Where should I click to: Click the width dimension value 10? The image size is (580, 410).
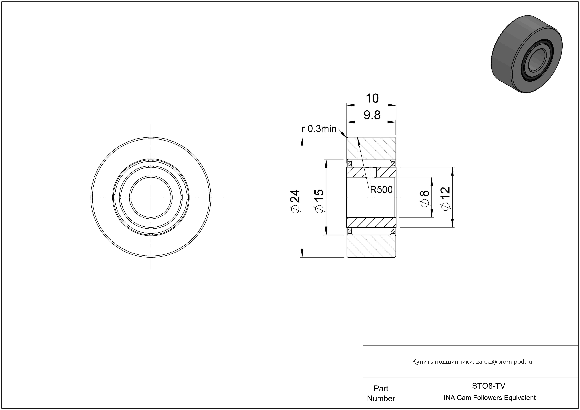pyautogui.click(x=372, y=98)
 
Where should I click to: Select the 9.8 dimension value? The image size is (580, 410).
pyautogui.click(x=372, y=115)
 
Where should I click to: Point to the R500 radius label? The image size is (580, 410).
pyautogui.click(x=381, y=189)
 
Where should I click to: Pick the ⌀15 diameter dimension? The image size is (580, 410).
pyautogui.click(x=319, y=201)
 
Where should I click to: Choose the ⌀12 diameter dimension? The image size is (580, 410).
pyautogui.click(x=446, y=198)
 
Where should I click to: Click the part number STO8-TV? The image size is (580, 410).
pyautogui.click(x=489, y=386)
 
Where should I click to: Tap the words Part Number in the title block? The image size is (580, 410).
pyautogui.click(x=381, y=393)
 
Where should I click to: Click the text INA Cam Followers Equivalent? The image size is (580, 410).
pyautogui.click(x=490, y=398)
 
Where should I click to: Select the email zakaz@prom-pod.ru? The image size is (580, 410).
pyautogui.click(x=504, y=362)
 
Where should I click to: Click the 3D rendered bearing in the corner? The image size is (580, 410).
pyautogui.click(x=527, y=54)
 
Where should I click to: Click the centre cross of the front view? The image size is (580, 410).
pyautogui.click(x=151, y=197)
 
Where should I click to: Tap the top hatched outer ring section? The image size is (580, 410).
pyautogui.click(x=371, y=148)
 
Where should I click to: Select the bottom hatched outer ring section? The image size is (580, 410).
pyautogui.click(x=371, y=246)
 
